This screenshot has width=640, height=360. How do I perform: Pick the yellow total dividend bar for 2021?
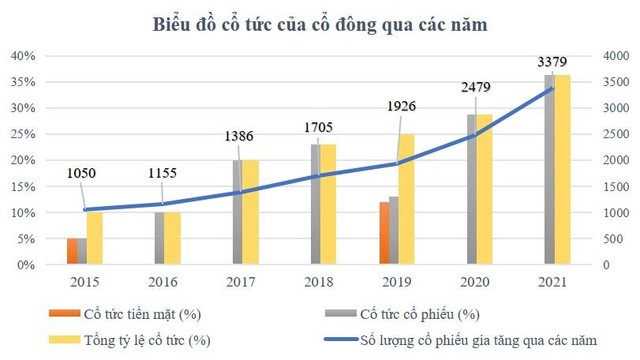(563, 170)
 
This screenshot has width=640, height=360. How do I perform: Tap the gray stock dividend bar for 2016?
(159, 239)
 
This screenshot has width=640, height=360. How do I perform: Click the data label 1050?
(83, 172)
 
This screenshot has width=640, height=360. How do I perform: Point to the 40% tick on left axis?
(22, 56)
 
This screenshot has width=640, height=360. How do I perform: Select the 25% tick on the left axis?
(22, 134)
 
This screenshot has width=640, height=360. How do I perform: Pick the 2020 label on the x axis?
(474, 283)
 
